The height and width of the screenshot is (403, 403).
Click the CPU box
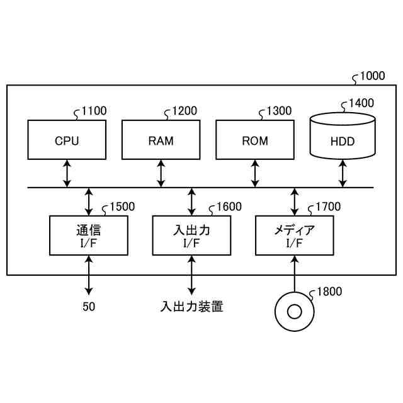pyautogui.click(x=67, y=140)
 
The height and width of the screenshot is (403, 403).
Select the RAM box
pyautogui.click(x=161, y=140)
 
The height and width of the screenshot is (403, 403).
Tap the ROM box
pyautogui.click(x=254, y=140)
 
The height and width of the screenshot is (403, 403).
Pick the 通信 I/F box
pyautogui.click(x=89, y=235)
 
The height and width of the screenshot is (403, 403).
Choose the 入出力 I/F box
pyautogui.click(x=191, y=235)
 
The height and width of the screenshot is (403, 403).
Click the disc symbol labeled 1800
pyautogui.click(x=294, y=310)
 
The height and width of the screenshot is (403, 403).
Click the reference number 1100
pyautogui.click(x=94, y=111)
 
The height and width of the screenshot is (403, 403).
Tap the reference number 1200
pyautogui.click(x=184, y=111)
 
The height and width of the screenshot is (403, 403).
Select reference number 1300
pyautogui.click(x=279, y=111)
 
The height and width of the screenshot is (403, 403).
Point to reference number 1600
pyautogui.click(x=228, y=207)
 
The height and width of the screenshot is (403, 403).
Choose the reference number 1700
pyautogui.click(x=327, y=207)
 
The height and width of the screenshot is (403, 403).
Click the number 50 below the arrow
pyautogui.click(x=89, y=308)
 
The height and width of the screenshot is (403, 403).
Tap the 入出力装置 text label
pyautogui.click(x=191, y=308)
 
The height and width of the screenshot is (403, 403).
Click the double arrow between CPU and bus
pyautogui.click(x=67, y=173)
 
